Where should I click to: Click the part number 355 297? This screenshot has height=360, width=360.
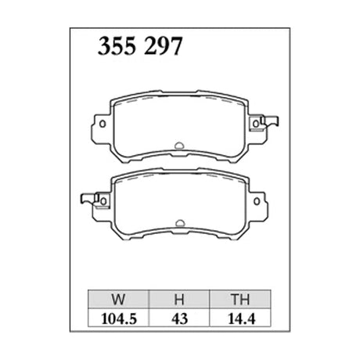point(140,46)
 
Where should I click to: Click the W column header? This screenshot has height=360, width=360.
point(118,299)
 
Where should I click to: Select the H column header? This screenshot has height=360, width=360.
point(179,299)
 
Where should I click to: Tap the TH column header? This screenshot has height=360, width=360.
point(240,299)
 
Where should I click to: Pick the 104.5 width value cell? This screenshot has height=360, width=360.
point(118,319)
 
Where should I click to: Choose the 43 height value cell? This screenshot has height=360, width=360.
point(179,319)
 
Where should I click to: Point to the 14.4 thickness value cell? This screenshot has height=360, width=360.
point(240,319)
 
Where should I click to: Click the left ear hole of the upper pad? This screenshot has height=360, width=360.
point(103,124)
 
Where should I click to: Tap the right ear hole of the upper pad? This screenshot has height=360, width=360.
point(256,124)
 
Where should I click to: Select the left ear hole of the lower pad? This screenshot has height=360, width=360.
point(103,201)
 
